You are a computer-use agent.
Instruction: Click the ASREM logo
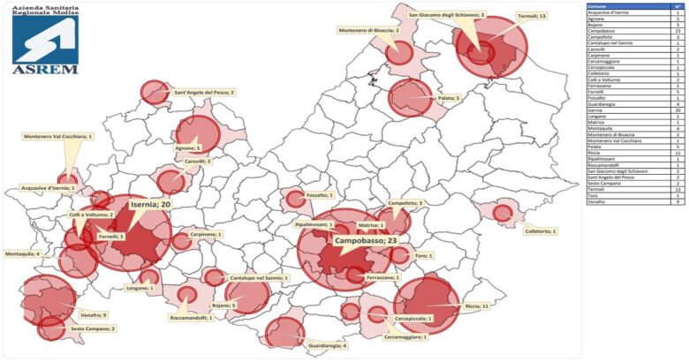click(45, 39)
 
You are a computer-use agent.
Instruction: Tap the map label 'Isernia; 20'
click(151, 204)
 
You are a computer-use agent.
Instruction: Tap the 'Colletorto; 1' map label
click(542, 231)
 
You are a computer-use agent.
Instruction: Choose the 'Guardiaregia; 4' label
click(328, 346)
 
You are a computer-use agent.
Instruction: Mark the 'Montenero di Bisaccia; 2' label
click(369, 31)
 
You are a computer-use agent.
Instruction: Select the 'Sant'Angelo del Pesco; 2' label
click(204, 91)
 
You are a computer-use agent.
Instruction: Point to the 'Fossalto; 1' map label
click(319, 195)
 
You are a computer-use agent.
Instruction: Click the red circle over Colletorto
click(503, 213)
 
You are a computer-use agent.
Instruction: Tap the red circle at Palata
click(410, 98)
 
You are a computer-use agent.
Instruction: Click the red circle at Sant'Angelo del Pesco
click(155, 92)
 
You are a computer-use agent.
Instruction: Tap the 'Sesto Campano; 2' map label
click(94, 328)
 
